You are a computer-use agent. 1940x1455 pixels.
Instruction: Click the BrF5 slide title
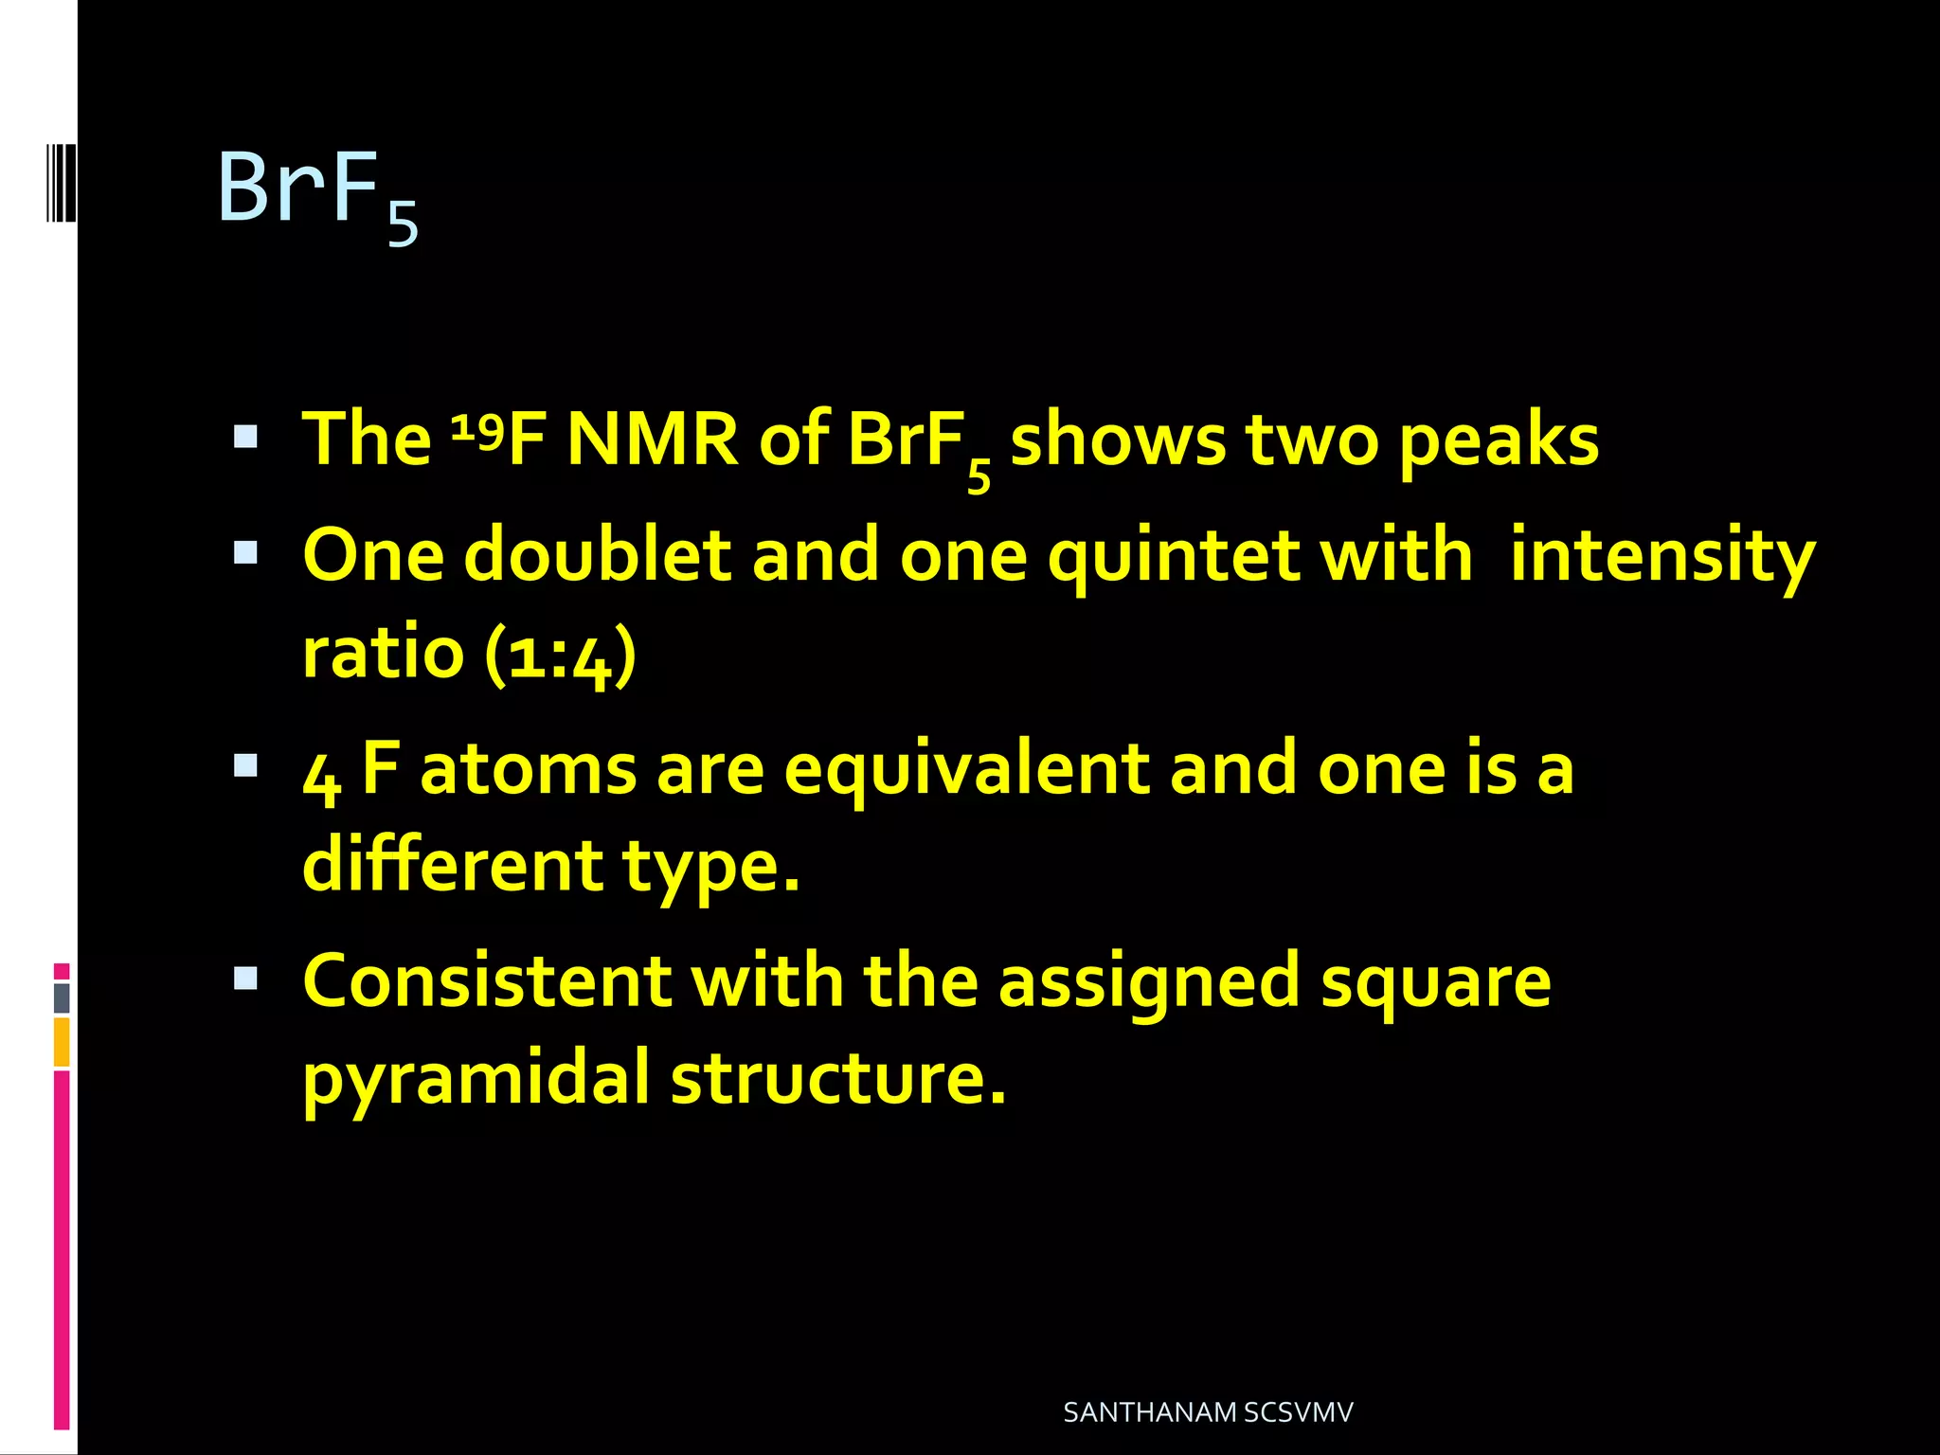(x=317, y=192)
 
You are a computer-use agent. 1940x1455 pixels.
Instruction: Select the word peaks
(x=1499, y=441)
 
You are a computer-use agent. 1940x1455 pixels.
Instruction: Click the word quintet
(x=1174, y=557)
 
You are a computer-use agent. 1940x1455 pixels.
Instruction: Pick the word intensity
(x=1662, y=557)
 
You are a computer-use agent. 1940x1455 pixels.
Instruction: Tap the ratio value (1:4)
(x=560, y=654)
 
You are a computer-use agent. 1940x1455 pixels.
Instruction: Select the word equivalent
(x=966, y=769)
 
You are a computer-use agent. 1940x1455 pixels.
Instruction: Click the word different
(x=452, y=866)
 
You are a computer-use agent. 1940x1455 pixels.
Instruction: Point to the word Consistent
(x=486, y=981)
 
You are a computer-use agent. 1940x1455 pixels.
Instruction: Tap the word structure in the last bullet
(x=837, y=1078)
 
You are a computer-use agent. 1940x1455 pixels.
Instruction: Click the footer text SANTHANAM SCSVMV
(x=1208, y=1412)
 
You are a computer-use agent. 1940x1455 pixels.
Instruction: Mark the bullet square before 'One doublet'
(x=245, y=552)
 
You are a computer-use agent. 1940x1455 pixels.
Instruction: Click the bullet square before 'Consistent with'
(x=245, y=978)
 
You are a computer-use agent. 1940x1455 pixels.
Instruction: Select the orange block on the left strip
(x=62, y=1042)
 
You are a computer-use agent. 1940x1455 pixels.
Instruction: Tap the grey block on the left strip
(x=62, y=997)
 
